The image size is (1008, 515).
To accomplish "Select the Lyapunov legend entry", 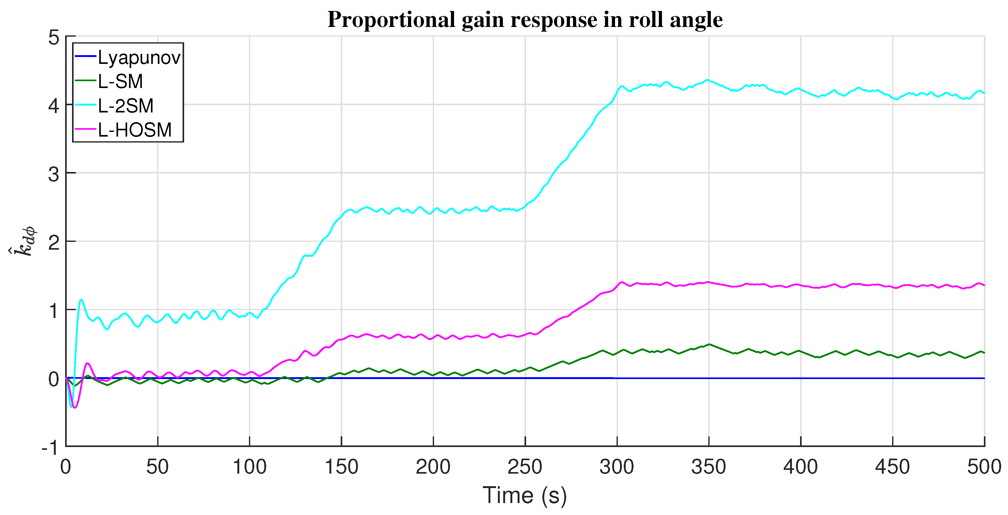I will (x=139, y=58).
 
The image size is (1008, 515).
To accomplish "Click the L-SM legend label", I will (x=120, y=82).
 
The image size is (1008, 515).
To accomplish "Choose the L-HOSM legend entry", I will (x=134, y=130).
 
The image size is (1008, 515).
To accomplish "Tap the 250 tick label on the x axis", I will (x=525, y=467).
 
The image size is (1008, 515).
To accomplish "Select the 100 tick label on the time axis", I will (x=249, y=467).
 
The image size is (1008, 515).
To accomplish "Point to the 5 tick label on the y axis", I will (x=54, y=38).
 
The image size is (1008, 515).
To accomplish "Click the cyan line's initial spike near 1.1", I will (x=81, y=300).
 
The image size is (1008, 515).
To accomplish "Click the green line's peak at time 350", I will (x=709, y=344).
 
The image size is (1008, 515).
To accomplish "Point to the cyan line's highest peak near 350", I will (x=707, y=80).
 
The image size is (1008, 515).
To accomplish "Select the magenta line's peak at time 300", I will (x=621, y=282).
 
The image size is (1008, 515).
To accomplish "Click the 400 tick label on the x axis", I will (x=800, y=467).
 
